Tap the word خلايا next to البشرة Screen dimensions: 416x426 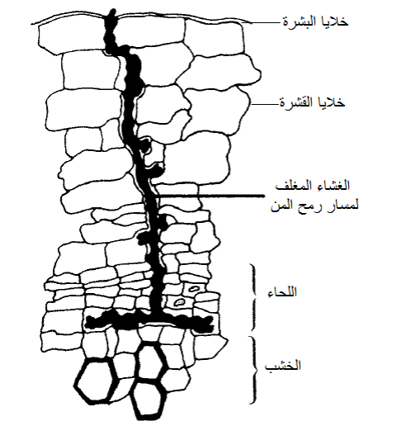334,21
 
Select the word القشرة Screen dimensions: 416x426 296,102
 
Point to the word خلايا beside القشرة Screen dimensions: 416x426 331,102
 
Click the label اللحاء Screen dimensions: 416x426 282,292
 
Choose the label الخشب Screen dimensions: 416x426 282,366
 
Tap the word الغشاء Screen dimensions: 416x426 333,186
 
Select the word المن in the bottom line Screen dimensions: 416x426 284,206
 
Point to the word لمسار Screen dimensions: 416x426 342,206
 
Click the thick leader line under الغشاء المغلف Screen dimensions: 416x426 210,196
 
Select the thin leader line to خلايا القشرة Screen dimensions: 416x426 265,104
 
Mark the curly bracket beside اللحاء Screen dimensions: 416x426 253,296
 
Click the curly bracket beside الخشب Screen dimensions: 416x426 253,370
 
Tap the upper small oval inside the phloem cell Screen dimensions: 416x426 193,289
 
